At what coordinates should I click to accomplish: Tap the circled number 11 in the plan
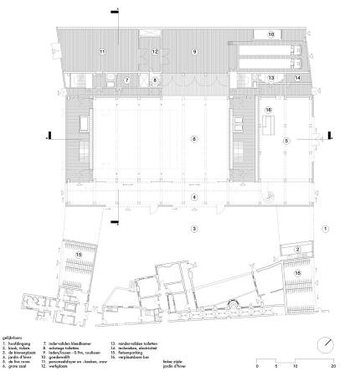103,52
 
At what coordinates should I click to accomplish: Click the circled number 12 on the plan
155,52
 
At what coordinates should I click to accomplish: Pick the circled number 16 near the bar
269,110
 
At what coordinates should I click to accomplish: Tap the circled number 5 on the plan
285,142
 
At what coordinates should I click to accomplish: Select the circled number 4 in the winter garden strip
193,197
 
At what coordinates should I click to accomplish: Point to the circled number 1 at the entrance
327,227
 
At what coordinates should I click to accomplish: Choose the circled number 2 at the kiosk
296,249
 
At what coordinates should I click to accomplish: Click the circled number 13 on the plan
270,77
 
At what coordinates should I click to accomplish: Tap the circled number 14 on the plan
297,77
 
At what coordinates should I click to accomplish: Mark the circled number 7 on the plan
127,80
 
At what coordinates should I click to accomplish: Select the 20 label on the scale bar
335,367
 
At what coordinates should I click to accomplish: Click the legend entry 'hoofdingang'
21,343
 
